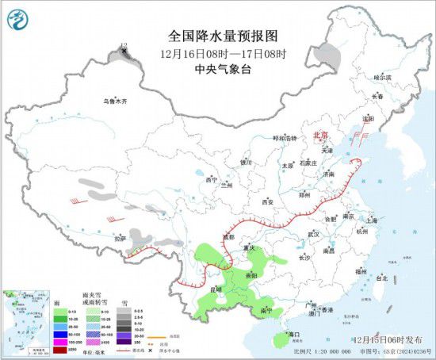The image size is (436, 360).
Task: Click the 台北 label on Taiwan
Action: [x=381, y=278]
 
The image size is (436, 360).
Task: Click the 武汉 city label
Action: [x=313, y=235]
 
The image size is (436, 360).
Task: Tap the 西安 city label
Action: [x=266, y=202]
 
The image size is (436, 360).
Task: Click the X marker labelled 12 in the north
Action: [x=124, y=52]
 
